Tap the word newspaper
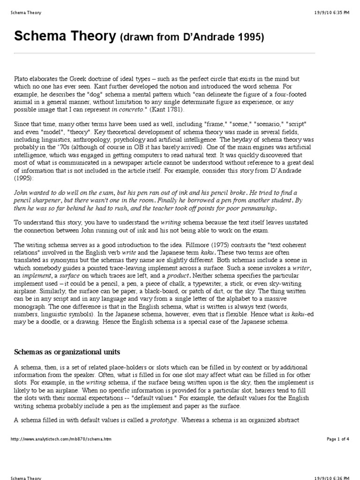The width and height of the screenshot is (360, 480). pos(121,163)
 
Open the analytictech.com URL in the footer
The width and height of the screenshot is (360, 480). pos(60,439)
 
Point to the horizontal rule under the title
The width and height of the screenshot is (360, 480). pos(164,53)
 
